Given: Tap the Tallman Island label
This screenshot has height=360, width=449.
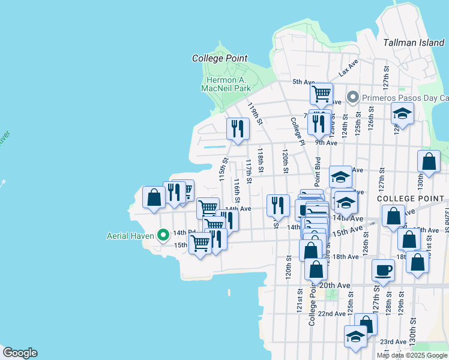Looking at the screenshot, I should (x=414, y=43).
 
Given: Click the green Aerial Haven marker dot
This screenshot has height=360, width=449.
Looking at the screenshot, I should (x=162, y=235).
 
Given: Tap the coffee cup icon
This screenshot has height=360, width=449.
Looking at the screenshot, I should (x=383, y=271).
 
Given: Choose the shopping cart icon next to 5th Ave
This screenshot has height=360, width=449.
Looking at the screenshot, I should (x=322, y=94).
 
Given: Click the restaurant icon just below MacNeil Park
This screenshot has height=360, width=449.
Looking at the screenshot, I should (x=238, y=128).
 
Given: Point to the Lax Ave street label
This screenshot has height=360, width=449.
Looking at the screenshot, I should (x=348, y=70).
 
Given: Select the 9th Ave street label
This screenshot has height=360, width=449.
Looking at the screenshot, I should (x=327, y=143).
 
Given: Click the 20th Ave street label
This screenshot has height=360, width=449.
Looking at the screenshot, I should (x=334, y=285).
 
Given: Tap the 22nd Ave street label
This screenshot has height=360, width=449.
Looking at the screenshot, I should (x=331, y=314).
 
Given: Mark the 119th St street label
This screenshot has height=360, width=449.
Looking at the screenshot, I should (x=255, y=113).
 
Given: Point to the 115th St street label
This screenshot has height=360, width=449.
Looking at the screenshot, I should (x=223, y=169).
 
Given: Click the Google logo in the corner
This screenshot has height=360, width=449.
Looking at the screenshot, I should (x=20, y=353).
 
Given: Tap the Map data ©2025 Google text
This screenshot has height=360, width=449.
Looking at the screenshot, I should (x=412, y=355).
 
